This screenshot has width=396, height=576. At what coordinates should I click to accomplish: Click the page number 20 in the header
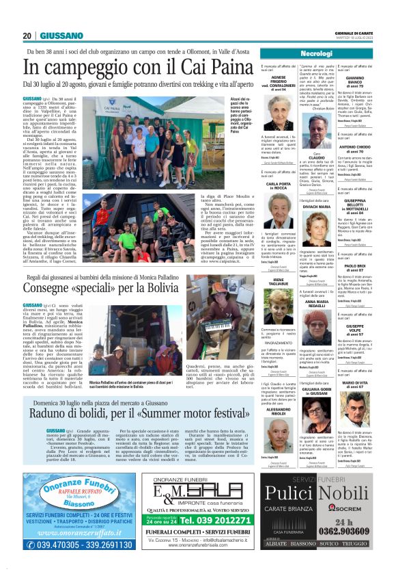(27, 36)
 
